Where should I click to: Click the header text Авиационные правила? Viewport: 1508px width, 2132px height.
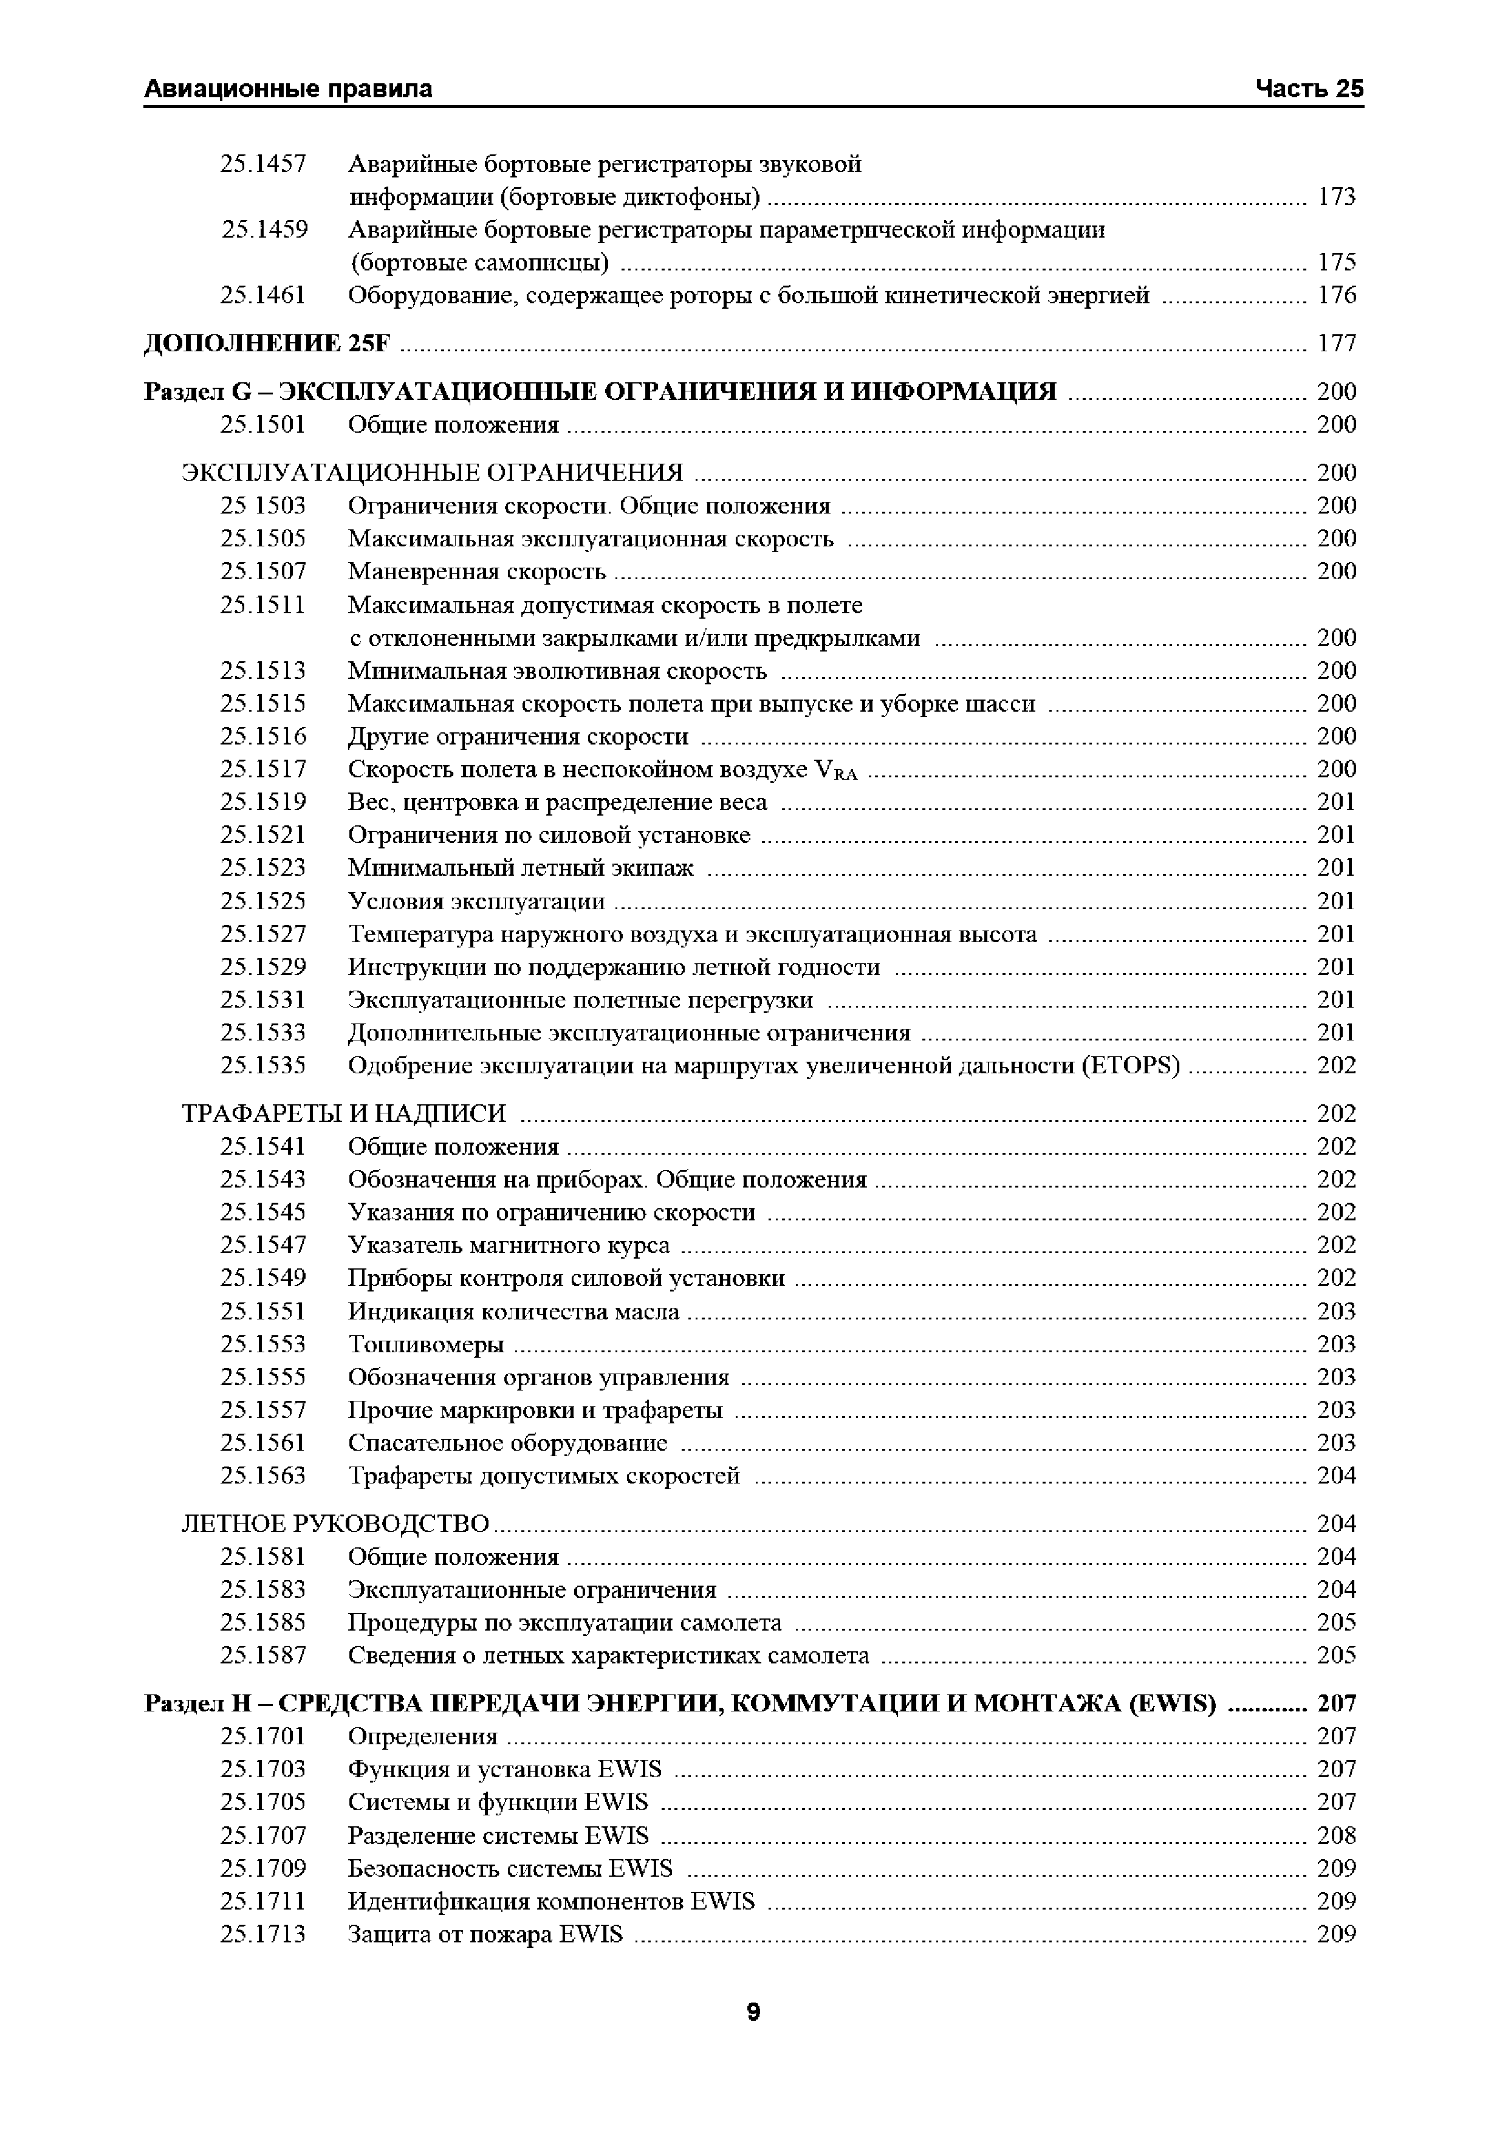click(288, 89)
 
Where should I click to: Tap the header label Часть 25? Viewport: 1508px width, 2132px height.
click(1309, 89)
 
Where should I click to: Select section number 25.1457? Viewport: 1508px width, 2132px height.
click(263, 164)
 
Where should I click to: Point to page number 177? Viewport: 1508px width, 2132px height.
click(1336, 343)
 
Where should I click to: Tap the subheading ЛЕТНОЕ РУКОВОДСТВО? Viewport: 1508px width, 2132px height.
click(334, 1524)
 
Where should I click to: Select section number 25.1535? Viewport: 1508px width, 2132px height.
click(263, 1065)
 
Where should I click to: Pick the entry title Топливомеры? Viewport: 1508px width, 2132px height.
click(427, 1344)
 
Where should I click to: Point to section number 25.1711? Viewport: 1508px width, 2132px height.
click(263, 1901)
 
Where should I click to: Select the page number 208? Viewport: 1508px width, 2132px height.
click(1336, 1835)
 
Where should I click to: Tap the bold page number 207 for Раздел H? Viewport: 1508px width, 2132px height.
click(1336, 1703)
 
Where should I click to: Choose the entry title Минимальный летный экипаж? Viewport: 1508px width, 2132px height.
click(520, 867)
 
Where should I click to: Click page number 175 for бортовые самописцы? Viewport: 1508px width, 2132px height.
click(1336, 262)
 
